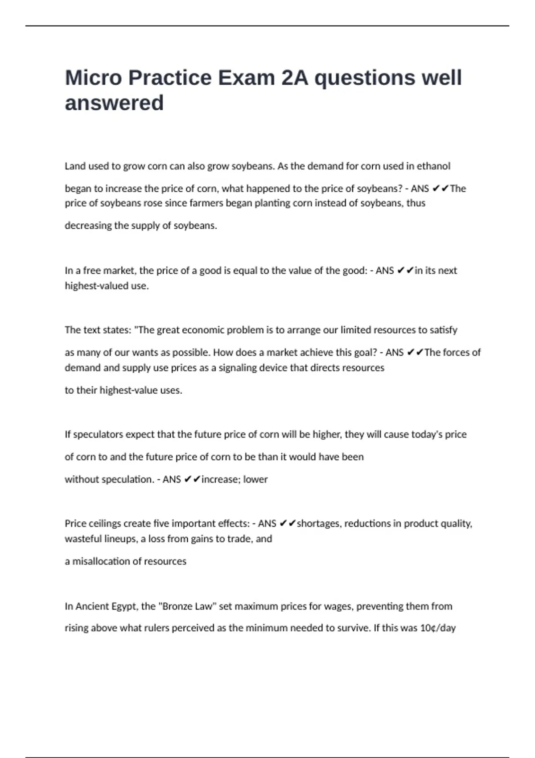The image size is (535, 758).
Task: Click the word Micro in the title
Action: (93, 78)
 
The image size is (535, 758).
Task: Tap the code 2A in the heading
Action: (295, 78)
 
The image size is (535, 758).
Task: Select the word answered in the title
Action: (114, 103)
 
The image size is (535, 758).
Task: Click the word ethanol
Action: (433, 166)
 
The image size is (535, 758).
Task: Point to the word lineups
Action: (121, 539)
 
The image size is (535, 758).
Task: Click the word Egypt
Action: (124, 606)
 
